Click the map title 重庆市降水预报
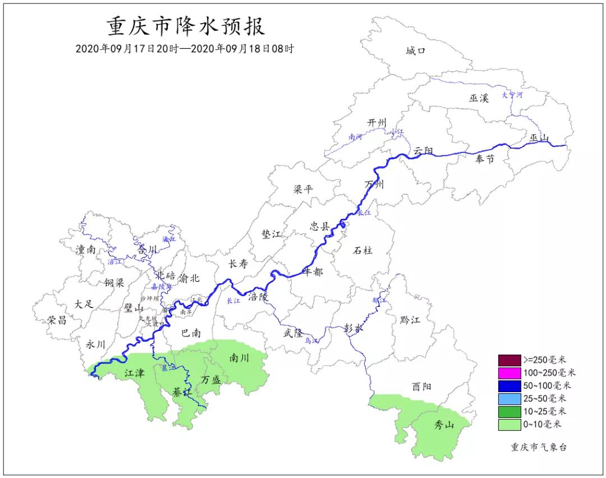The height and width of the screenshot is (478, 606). (x=186, y=26)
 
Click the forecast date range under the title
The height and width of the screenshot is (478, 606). (x=185, y=49)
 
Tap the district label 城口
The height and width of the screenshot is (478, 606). (x=416, y=52)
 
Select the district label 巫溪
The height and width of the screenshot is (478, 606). (x=479, y=98)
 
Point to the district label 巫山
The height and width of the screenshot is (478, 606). (x=539, y=138)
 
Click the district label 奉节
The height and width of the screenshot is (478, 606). (x=485, y=159)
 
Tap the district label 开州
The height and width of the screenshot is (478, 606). (x=377, y=123)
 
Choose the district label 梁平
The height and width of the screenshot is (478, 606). (x=303, y=190)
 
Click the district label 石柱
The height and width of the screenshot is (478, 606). (x=363, y=250)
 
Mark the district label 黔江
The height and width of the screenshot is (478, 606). (x=410, y=320)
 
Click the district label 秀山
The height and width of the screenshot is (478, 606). (x=444, y=425)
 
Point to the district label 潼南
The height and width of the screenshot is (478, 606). (x=85, y=250)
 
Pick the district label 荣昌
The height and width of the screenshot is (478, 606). (x=57, y=320)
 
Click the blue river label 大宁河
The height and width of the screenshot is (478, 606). (x=512, y=95)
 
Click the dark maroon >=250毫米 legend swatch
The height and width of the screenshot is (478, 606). (x=509, y=360)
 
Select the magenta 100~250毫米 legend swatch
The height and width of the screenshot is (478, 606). (x=509, y=373)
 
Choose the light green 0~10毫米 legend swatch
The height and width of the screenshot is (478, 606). (x=509, y=425)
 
